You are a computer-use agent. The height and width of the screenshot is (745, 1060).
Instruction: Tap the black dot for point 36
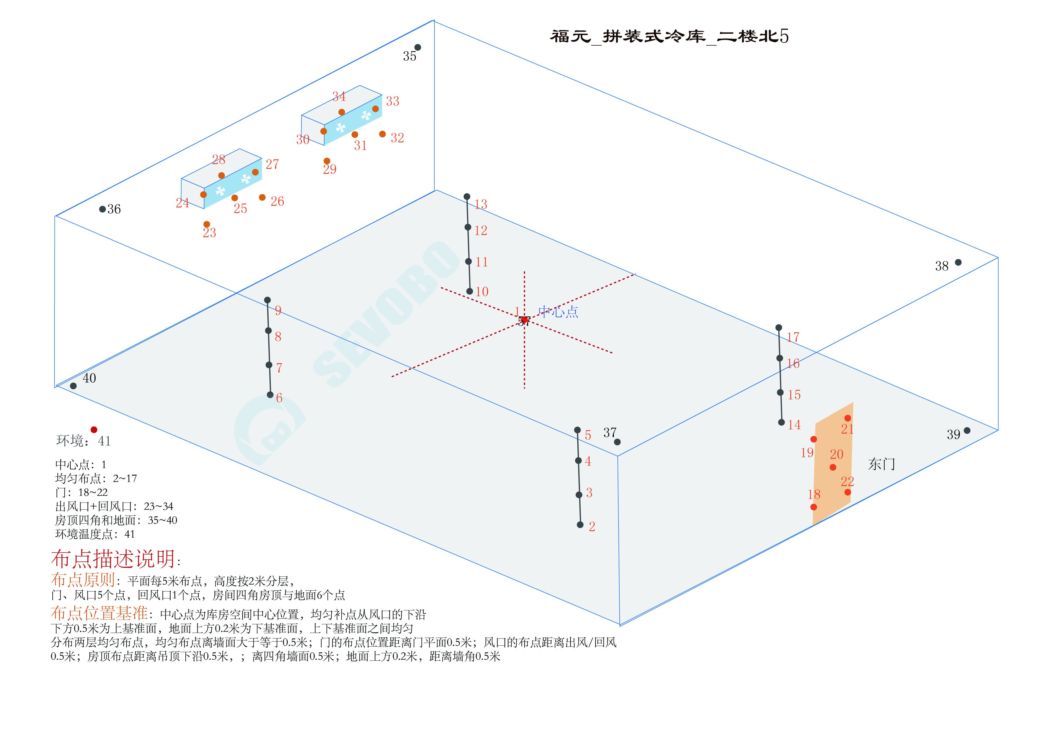click(102, 209)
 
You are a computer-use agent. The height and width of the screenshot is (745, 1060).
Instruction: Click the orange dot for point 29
click(327, 161)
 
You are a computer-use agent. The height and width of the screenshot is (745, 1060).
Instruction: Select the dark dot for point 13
click(467, 197)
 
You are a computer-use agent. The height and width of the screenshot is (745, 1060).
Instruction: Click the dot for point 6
click(270, 395)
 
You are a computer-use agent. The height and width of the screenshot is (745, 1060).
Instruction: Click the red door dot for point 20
click(833, 467)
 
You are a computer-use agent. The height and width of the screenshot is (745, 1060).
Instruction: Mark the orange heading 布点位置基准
click(99, 613)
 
